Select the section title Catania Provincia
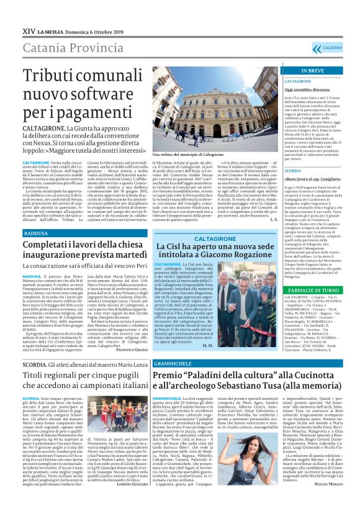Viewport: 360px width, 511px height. click(60, 47)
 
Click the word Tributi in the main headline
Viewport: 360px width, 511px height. click(52, 72)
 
